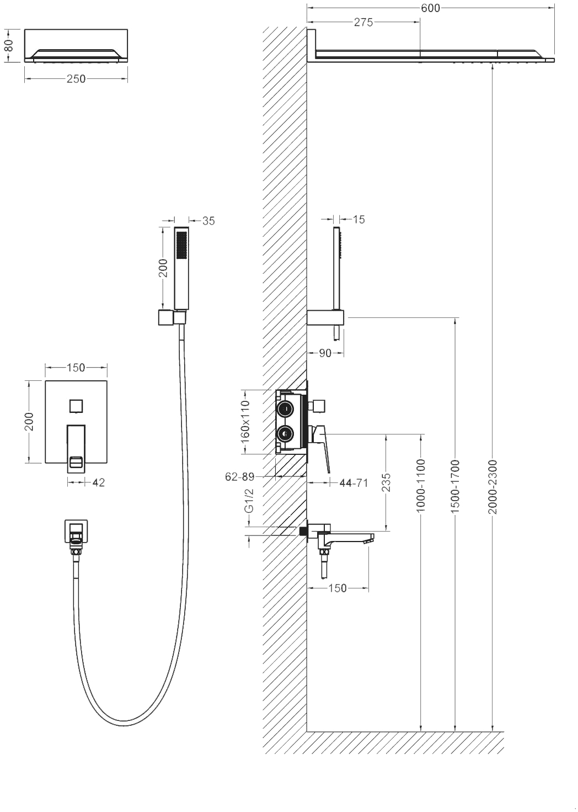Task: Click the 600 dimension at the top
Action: point(430,8)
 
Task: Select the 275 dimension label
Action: point(363,23)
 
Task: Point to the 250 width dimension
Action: point(76,79)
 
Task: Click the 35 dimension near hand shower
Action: point(208,221)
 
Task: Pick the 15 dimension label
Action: point(358,219)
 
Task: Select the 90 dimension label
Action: point(325,353)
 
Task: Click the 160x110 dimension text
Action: point(245,421)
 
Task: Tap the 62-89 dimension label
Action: point(239,477)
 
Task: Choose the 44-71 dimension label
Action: point(354,482)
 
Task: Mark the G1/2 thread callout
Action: point(249,501)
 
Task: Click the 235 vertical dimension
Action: point(387,482)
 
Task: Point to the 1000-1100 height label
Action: point(420,485)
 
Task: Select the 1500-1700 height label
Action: point(455,486)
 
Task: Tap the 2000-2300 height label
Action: point(493,487)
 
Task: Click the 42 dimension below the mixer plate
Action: point(98,482)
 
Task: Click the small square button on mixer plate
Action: point(76,406)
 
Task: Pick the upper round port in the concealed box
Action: point(285,409)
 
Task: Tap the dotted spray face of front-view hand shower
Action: point(181,245)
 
